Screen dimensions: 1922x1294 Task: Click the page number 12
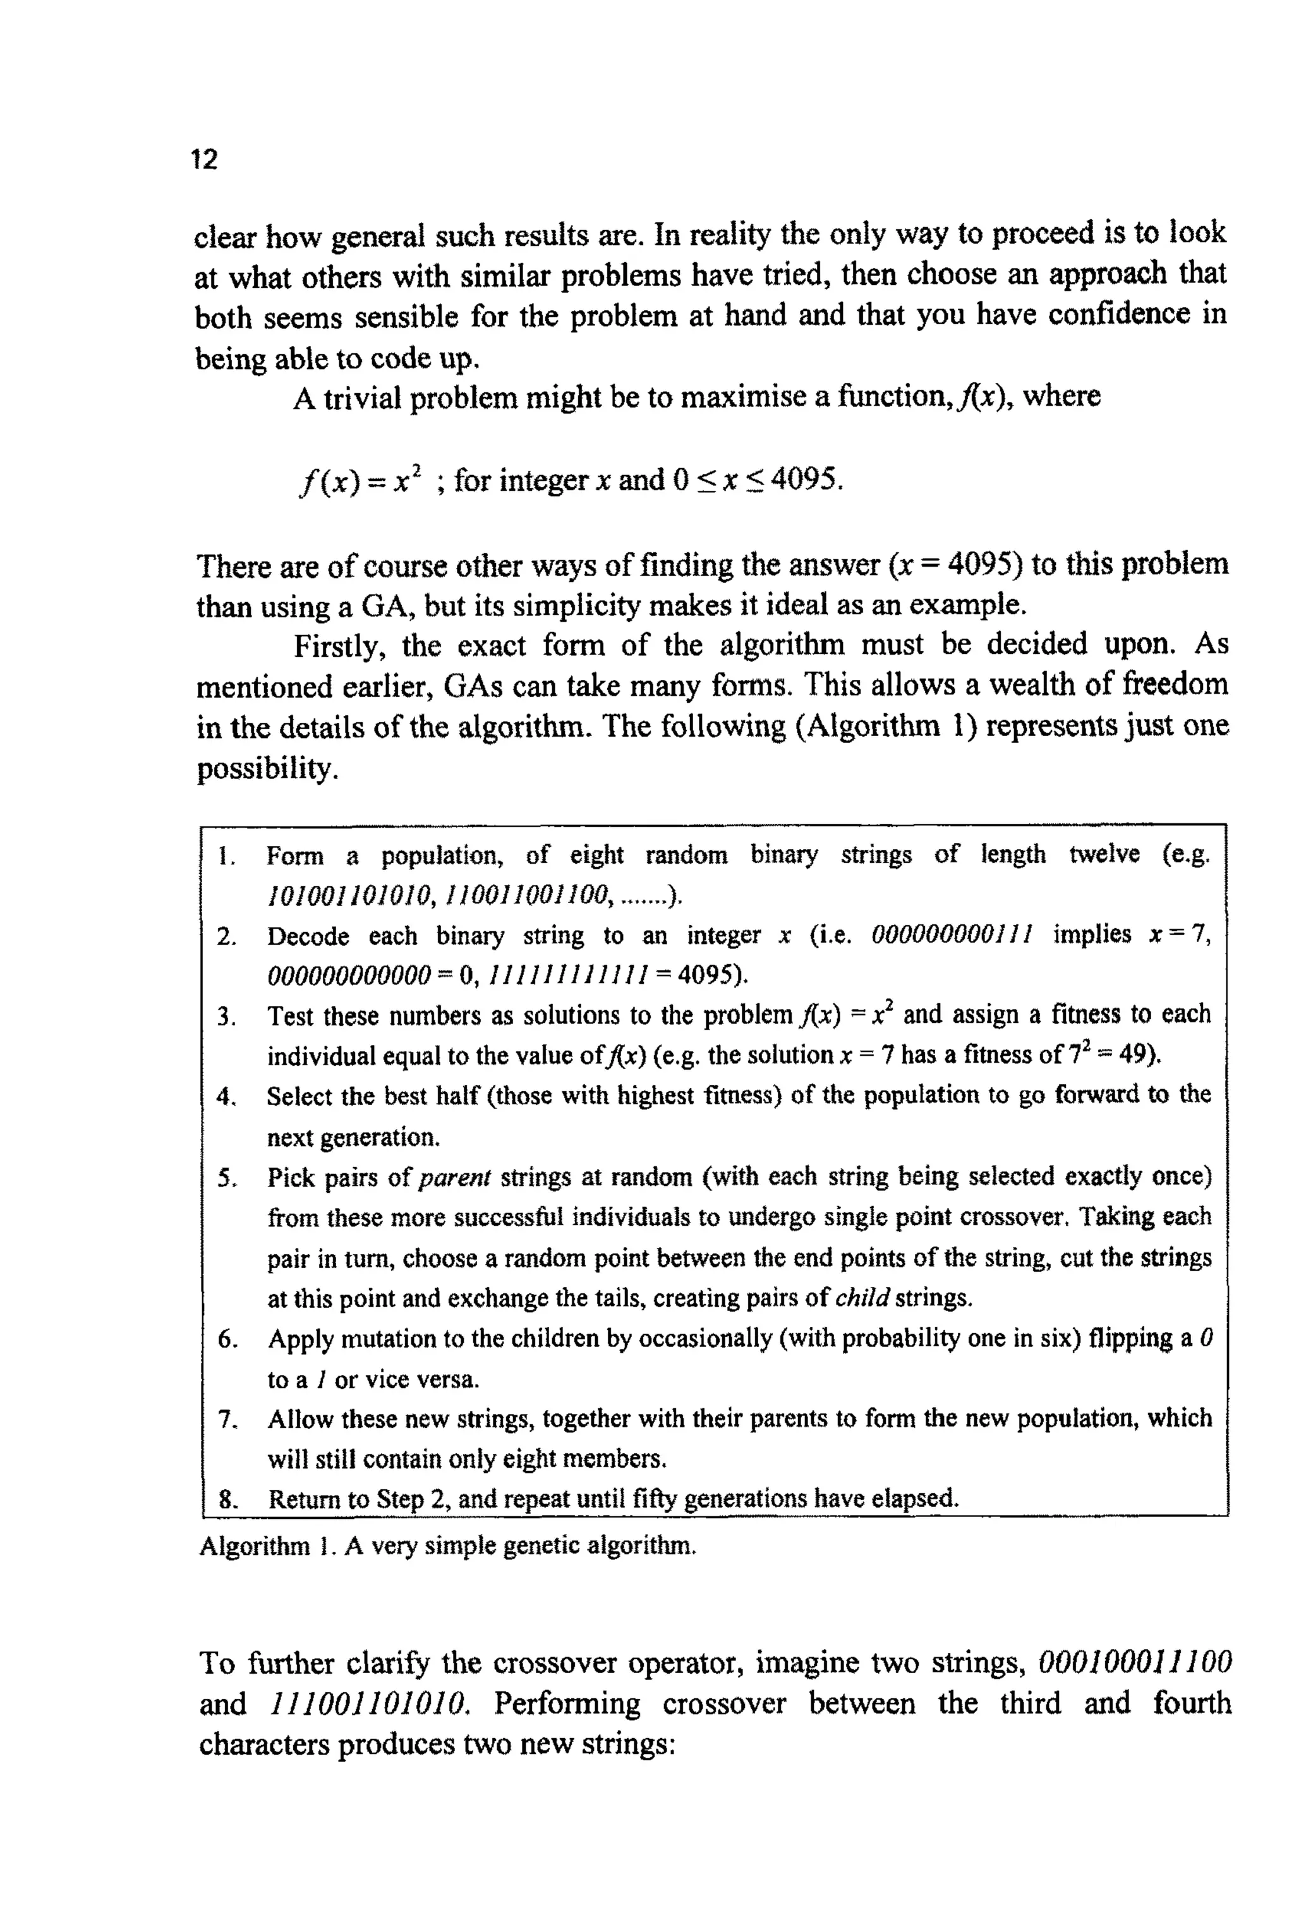204,159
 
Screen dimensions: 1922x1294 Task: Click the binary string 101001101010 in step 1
349,894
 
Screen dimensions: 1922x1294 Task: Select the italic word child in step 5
862,1299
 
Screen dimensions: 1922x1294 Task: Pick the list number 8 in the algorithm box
226,1499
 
